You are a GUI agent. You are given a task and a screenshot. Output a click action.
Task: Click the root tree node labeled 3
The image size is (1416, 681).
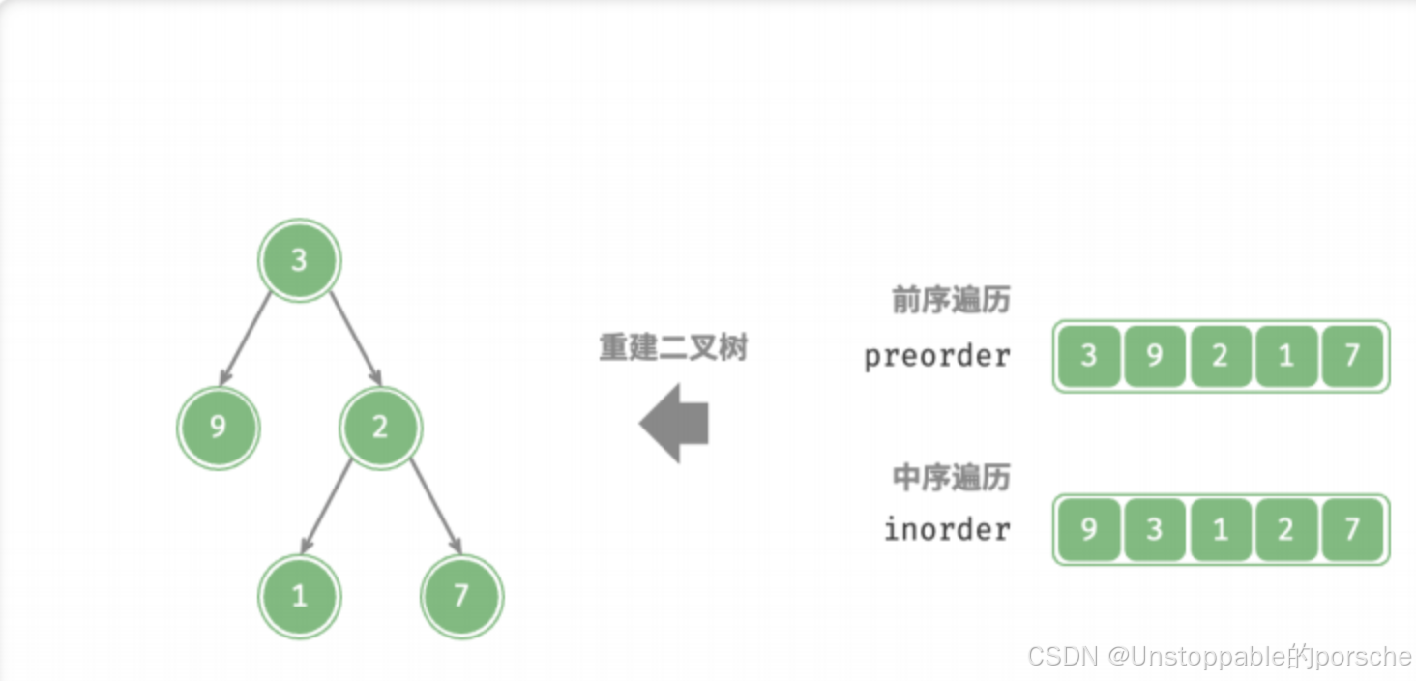(x=299, y=259)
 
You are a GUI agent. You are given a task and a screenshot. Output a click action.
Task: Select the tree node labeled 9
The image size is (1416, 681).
(x=218, y=427)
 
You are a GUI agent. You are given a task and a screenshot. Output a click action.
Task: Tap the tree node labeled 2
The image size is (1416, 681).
(x=380, y=427)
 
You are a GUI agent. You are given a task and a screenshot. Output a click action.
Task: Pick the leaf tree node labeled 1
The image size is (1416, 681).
(x=299, y=595)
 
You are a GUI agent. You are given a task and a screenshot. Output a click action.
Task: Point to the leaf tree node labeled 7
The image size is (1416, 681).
(x=461, y=595)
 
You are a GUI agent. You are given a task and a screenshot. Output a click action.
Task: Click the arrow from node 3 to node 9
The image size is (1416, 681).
(x=248, y=337)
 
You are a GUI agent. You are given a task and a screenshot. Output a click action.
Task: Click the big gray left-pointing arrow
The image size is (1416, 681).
(x=674, y=423)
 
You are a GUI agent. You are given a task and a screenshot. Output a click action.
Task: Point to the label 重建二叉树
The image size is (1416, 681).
(x=673, y=347)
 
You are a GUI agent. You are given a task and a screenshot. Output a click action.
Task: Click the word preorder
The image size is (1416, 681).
(x=936, y=356)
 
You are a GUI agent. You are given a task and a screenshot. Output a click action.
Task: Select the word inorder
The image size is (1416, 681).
(x=946, y=529)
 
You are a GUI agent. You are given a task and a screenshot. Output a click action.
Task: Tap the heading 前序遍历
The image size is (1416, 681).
(x=950, y=301)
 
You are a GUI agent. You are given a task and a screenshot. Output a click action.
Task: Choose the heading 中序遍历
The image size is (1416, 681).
(x=950, y=477)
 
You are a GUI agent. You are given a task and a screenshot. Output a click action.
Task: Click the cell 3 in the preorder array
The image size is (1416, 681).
(x=1088, y=356)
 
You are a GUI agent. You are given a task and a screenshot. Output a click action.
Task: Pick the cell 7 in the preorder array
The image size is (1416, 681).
(x=1351, y=356)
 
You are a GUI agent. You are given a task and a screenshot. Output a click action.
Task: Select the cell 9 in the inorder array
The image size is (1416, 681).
(x=1088, y=529)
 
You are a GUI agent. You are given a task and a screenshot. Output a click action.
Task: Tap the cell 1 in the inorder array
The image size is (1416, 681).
(x=1220, y=529)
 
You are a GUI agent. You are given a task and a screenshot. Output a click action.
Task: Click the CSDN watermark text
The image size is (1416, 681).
(x=1219, y=657)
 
